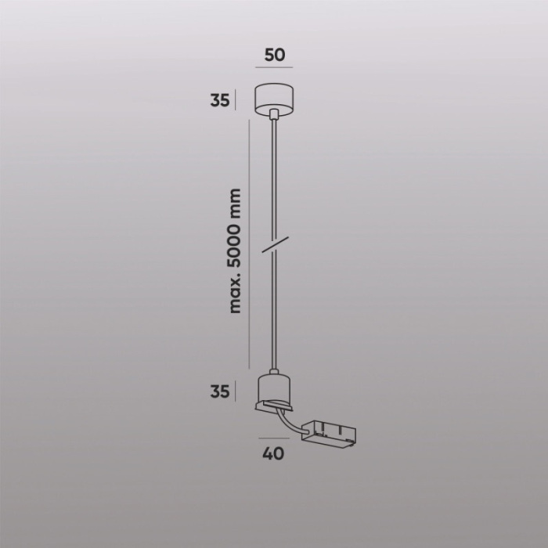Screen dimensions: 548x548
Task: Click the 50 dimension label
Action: [x=274, y=56]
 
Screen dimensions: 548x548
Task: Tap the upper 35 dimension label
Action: [x=220, y=100]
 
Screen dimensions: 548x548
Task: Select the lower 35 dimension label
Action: [x=220, y=391]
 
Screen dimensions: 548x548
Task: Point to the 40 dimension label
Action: [x=274, y=453]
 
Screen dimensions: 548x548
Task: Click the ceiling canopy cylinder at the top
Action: [x=273, y=96]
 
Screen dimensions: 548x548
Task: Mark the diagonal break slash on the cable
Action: [x=274, y=243]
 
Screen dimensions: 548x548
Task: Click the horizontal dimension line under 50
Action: [x=274, y=68]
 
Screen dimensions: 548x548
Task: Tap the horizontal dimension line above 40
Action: [x=273, y=439]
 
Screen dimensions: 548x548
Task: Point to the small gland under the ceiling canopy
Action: [x=273, y=115]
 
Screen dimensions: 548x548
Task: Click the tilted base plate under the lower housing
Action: [x=275, y=407]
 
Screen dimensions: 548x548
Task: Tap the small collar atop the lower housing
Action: [x=273, y=373]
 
